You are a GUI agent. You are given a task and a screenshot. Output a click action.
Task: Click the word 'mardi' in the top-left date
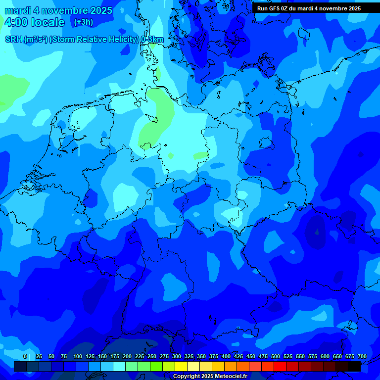point(18,10)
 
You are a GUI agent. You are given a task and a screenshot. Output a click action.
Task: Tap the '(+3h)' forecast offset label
point(83,22)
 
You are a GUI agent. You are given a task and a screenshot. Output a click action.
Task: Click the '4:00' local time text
point(15,22)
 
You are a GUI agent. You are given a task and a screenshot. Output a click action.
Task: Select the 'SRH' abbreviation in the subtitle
point(14,40)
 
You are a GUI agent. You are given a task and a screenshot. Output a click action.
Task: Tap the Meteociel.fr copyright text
point(210,377)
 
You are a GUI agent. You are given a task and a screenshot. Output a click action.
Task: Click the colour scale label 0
point(25,357)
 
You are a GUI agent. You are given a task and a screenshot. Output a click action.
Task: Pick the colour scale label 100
point(78,357)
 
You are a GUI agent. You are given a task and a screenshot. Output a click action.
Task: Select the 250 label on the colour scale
point(152,357)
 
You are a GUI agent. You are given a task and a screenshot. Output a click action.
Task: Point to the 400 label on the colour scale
point(226,357)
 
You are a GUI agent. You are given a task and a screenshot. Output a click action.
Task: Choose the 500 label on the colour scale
point(276,357)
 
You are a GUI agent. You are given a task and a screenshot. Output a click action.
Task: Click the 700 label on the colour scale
point(362,357)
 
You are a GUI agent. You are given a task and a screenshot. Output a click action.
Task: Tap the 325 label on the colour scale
point(189,357)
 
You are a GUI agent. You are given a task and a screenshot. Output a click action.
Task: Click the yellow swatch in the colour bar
point(181,366)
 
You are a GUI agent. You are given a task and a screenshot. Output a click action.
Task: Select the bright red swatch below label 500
point(280,366)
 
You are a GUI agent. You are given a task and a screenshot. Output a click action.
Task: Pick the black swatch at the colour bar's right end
point(354,366)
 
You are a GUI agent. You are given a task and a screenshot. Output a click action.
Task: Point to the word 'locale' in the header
point(48,22)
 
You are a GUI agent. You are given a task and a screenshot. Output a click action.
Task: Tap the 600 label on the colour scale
point(325,357)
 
